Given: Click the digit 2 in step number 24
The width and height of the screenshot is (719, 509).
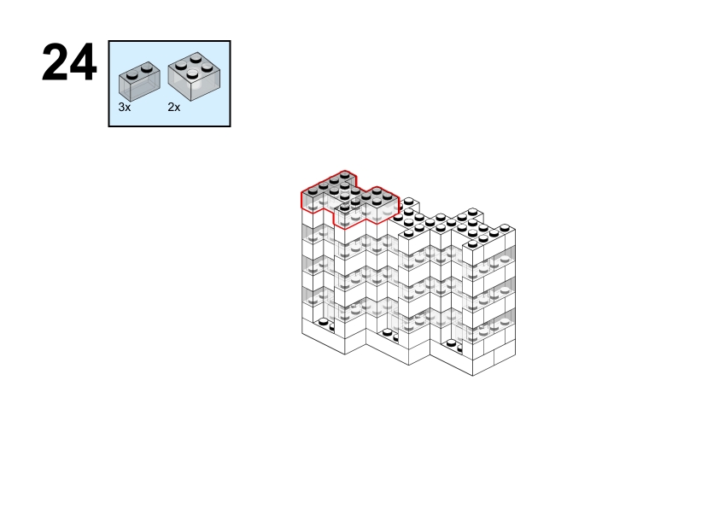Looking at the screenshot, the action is pyautogui.click(x=55, y=62).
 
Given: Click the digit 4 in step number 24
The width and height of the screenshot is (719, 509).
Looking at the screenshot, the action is pyautogui.click(x=83, y=62).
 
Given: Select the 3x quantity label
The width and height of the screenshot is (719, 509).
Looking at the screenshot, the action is pyautogui.click(x=125, y=108).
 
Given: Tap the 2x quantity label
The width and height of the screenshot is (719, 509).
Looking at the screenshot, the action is pyautogui.click(x=174, y=108).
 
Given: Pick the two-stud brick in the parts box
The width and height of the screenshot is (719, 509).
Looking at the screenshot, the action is pyautogui.click(x=139, y=81).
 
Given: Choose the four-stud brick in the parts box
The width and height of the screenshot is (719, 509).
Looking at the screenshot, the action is pyautogui.click(x=194, y=76).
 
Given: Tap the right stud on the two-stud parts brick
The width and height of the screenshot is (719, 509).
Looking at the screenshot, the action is pyautogui.click(x=146, y=68).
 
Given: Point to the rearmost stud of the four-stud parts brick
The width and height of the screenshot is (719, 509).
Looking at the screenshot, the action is pyautogui.click(x=196, y=58).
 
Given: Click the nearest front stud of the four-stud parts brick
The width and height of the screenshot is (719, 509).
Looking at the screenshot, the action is pyautogui.click(x=192, y=73).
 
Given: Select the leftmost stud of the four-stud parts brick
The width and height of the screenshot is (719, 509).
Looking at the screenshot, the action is pyautogui.click(x=181, y=66).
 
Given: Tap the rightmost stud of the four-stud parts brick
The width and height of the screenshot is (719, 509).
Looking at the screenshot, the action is pyautogui.click(x=208, y=67).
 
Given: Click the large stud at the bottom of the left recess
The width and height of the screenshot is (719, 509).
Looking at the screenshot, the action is pyautogui.click(x=324, y=322).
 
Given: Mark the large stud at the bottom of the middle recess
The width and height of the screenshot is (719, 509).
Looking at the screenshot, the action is pyautogui.click(x=388, y=332).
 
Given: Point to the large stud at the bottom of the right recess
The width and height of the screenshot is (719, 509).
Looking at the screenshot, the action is pyautogui.click(x=452, y=343).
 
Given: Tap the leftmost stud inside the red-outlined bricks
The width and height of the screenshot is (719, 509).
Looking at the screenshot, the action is pyautogui.click(x=313, y=190).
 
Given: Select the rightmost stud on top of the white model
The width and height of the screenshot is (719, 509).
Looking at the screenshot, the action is pyautogui.click(x=505, y=228).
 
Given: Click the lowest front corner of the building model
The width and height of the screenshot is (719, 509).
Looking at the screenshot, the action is pyautogui.click(x=473, y=376).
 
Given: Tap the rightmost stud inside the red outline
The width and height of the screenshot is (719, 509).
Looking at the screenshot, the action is pyautogui.click(x=388, y=196).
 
